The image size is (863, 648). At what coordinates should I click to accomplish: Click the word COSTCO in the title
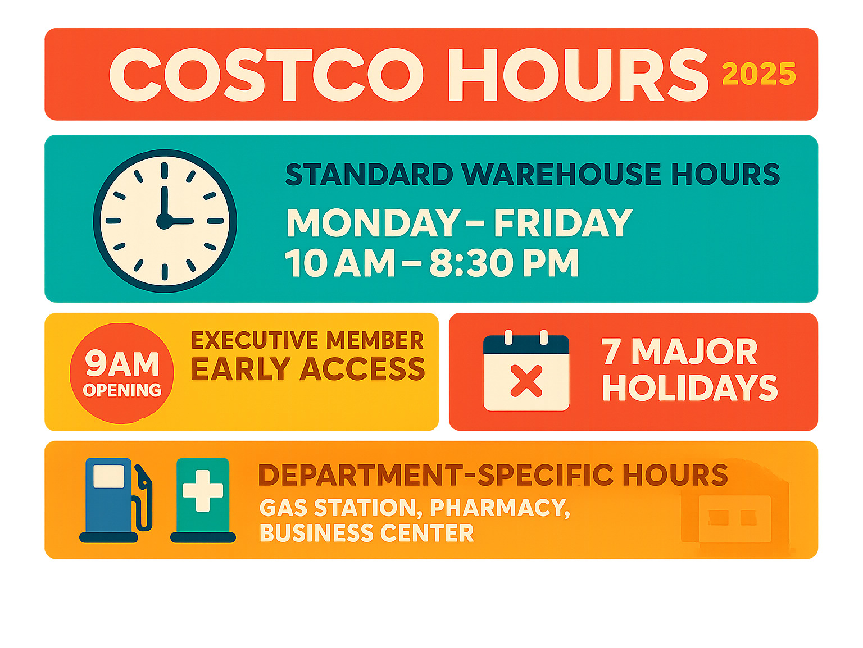(266, 75)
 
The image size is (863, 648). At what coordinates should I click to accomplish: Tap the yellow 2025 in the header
(759, 74)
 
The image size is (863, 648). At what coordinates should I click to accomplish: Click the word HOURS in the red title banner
(578, 75)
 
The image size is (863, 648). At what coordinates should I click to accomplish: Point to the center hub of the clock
(165, 221)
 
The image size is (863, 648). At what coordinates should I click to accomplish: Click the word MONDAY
(374, 222)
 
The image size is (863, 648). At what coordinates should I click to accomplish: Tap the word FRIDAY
(563, 222)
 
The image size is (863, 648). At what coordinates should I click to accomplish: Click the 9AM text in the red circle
(122, 363)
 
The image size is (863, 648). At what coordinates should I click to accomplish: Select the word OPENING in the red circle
(122, 390)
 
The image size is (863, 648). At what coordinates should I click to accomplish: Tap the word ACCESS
(362, 369)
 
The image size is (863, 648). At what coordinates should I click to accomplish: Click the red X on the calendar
(526, 381)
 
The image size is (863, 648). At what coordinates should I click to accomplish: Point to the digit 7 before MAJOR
(611, 352)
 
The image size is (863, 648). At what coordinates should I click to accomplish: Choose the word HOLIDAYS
(690, 387)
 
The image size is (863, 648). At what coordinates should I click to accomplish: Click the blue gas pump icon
(116, 500)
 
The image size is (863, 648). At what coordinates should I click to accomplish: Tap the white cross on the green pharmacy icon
(203, 491)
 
